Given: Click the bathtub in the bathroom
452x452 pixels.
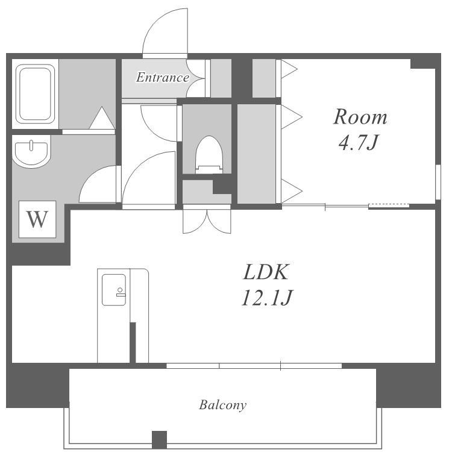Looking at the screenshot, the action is (36, 94).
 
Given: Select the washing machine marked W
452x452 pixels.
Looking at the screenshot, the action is (37, 219).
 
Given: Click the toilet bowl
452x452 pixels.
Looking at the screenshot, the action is (209, 155).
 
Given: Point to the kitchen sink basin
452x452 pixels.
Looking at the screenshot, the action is (114, 290).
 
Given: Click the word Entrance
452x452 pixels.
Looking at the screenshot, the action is (163, 77).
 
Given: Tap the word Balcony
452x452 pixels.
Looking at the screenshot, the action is (222, 405).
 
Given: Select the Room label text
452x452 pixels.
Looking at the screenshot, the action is (360, 117).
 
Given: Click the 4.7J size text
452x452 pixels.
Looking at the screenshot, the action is (359, 142).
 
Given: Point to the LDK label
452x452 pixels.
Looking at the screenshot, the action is (266, 272).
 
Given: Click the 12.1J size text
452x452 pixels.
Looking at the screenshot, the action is (267, 297).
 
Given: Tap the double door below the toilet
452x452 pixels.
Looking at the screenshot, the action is (207, 221).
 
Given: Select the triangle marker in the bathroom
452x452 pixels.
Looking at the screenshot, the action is (102, 118).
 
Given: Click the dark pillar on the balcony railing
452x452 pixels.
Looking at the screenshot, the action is (160, 439).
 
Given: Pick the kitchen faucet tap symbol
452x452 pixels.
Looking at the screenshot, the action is (120, 292).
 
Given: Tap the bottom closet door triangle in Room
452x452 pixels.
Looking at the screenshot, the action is (292, 191).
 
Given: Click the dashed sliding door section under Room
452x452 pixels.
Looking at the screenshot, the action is (389, 206).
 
